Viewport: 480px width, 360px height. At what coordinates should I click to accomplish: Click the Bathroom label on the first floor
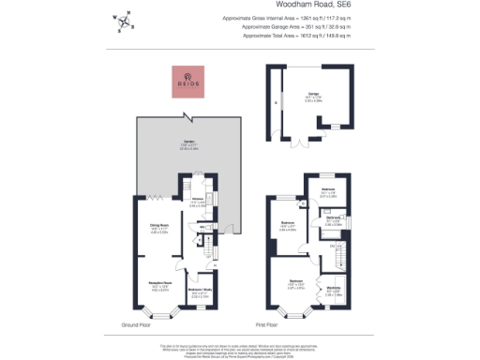point(333,218)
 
